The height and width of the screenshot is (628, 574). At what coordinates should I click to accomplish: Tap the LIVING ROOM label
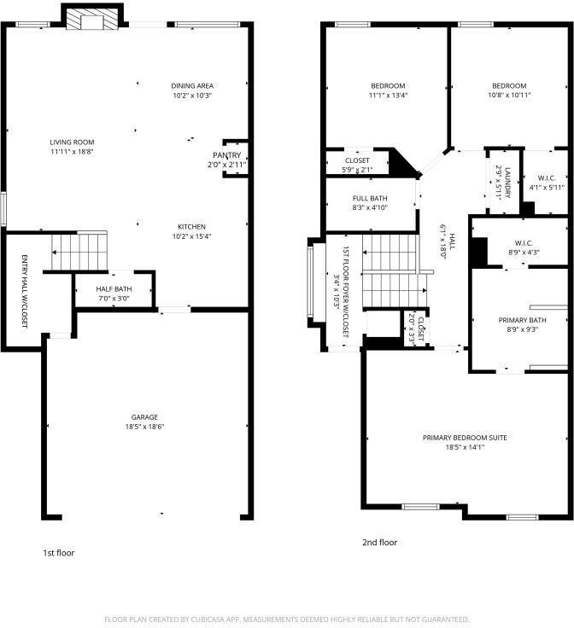(72, 142)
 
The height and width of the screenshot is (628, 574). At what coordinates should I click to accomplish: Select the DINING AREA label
(192, 85)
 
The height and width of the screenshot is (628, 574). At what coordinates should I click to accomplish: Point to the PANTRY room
(236, 159)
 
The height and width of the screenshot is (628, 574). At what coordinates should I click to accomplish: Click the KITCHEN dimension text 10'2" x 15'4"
(192, 236)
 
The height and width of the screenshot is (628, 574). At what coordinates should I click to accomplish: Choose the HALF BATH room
(114, 291)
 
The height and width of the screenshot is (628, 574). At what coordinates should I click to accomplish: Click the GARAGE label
(144, 417)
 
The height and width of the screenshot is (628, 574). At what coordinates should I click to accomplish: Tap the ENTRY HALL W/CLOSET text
(24, 292)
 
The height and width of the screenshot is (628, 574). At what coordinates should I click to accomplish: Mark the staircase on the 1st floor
(79, 252)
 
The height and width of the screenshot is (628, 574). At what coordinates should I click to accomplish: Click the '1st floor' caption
(59, 553)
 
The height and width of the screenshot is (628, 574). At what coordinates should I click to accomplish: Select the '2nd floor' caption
(379, 543)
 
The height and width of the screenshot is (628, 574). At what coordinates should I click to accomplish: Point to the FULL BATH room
(371, 204)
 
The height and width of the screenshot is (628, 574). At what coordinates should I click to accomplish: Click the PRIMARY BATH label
(522, 320)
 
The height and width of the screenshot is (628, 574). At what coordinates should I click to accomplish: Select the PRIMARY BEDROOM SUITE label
(465, 438)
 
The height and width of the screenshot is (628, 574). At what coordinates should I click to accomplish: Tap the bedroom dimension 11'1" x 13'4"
(388, 96)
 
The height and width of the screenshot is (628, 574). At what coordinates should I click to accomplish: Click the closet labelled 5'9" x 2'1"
(358, 162)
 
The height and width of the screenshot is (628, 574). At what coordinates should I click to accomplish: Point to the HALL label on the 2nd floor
(452, 241)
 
